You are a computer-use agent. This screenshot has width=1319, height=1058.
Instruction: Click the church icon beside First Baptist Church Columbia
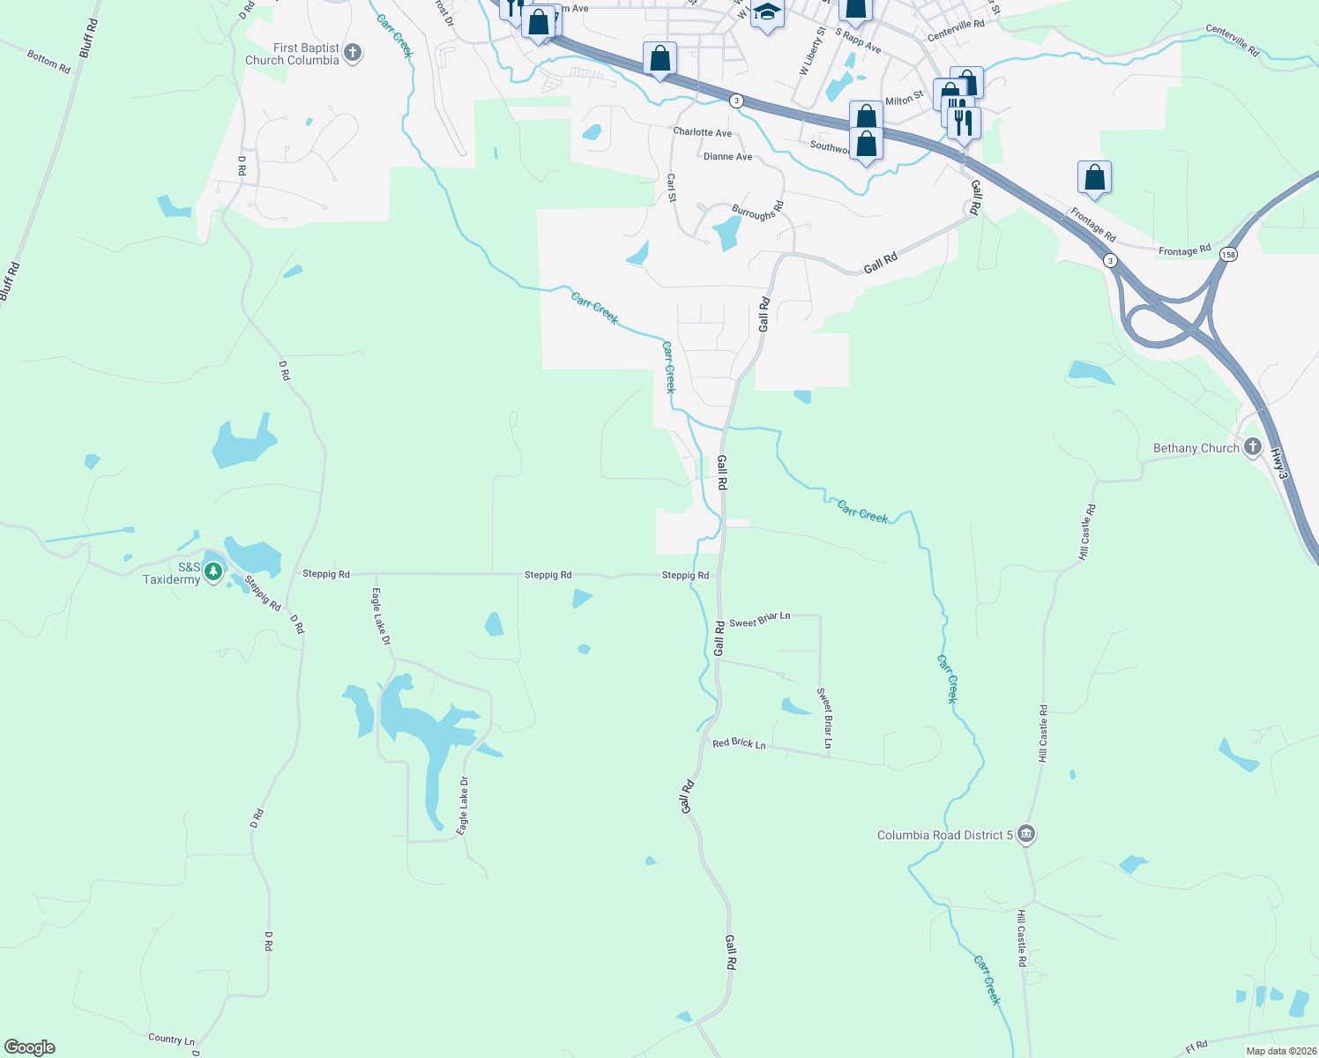point(353,53)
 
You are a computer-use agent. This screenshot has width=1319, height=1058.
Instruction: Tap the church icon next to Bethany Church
point(1252,448)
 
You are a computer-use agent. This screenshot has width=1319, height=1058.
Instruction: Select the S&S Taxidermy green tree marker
point(213,572)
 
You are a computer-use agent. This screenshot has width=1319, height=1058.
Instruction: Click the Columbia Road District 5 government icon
point(1025,834)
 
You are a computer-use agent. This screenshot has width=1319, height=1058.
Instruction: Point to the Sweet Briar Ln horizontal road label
point(759,619)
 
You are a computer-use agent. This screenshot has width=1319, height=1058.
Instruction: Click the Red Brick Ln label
point(739,743)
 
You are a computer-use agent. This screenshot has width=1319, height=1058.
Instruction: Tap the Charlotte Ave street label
point(702,132)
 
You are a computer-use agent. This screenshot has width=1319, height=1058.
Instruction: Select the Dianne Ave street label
point(727,157)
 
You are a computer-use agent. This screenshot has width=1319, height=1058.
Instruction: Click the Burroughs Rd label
point(757,212)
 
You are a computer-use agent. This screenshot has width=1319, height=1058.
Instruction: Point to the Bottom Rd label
point(48,61)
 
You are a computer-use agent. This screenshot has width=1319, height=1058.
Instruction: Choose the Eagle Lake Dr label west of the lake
point(380,616)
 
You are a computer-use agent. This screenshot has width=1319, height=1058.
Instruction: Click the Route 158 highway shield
point(1228,254)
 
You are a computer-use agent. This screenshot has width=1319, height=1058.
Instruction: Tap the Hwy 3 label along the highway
point(1278,464)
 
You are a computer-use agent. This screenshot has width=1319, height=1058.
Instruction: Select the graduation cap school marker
point(767,13)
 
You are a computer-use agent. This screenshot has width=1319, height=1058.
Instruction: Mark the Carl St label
point(672,187)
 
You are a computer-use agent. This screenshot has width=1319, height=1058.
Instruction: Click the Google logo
point(30,1047)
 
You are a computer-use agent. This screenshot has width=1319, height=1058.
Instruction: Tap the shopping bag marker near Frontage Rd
point(1094,177)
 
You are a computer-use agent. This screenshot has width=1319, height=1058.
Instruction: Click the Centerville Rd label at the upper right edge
point(1232,41)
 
